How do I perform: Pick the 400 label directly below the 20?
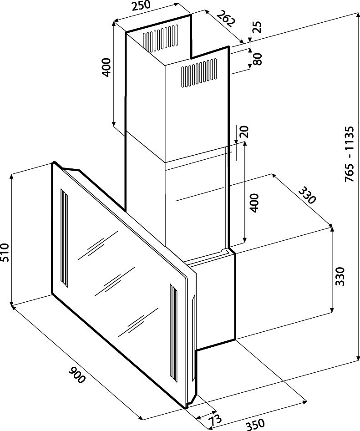[254, 203]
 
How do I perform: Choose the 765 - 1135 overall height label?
[349, 155]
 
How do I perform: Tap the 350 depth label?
[255, 425]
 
